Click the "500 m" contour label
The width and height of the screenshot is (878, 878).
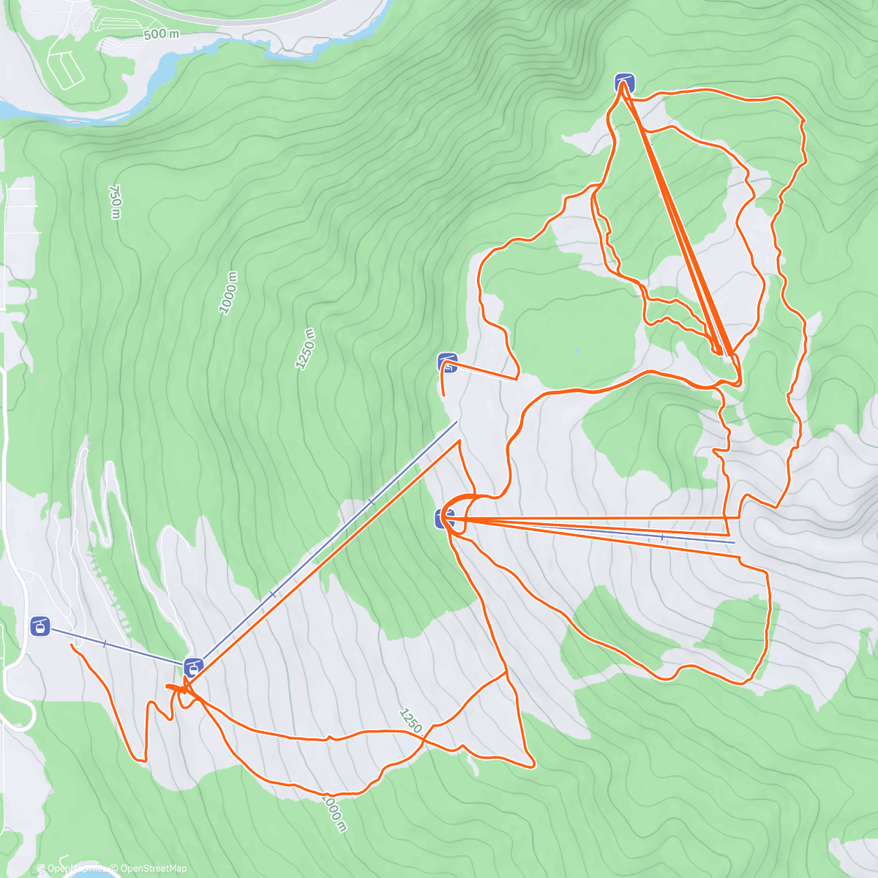[x=161, y=34]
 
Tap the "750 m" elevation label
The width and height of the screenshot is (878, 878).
[x=115, y=201]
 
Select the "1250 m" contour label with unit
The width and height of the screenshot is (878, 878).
[x=306, y=349]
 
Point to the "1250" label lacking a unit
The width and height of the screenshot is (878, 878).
[x=410, y=721]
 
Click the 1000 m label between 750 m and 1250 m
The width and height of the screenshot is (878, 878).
[x=229, y=293]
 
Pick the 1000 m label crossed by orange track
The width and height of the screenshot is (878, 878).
[x=334, y=812]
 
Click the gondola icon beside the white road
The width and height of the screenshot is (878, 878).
[x=41, y=626]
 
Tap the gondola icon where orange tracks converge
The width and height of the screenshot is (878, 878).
[x=193, y=667]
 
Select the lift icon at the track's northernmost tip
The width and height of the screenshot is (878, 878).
[x=624, y=83]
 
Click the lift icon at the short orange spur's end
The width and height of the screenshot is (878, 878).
[x=448, y=363]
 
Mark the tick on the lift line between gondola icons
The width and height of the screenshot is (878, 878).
[x=105, y=644]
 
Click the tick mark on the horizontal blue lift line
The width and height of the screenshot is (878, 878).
[x=662, y=538]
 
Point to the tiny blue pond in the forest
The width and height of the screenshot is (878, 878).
[x=577, y=351]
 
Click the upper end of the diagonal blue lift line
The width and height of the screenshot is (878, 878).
[x=457, y=421]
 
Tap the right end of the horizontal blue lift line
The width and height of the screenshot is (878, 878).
[x=734, y=544]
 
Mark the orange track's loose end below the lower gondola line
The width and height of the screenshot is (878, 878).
[x=71, y=645]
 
